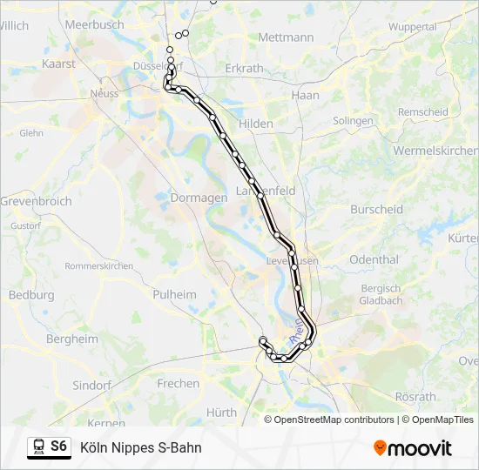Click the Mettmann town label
click(x=286, y=37)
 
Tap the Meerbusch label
click(x=95, y=25)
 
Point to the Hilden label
click(x=256, y=124)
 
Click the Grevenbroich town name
click(x=36, y=201)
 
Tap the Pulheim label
click(x=174, y=294)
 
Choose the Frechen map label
click(x=178, y=383)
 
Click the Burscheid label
click(x=376, y=209)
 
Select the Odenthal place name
click(x=374, y=259)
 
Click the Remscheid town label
click(x=422, y=112)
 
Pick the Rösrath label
click(x=415, y=396)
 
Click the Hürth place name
click(x=221, y=412)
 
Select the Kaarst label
click(x=58, y=64)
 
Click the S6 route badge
click(x=58, y=446)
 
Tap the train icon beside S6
click(x=38, y=447)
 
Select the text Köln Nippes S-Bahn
click(x=140, y=447)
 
